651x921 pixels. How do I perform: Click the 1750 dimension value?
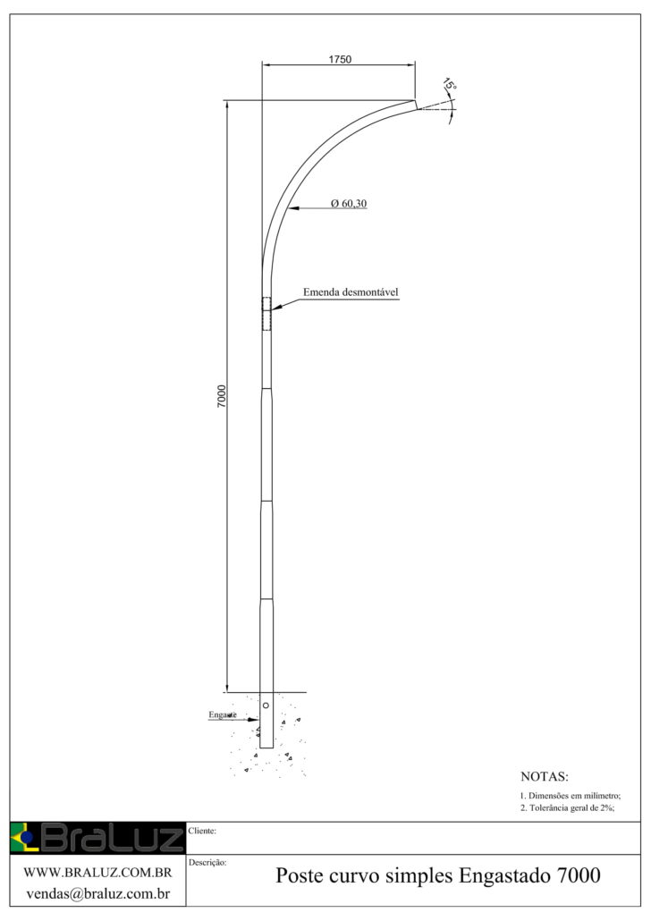pyautogui.click(x=340, y=60)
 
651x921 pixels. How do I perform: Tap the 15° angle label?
pyautogui.click(x=449, y=86)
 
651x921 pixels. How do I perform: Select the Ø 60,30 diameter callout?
pyautogui.click(x=349, y=204)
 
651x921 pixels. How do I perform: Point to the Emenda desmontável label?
pyautogui.click(x=351, y=292)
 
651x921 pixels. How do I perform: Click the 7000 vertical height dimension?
pyautogui.click(x=222, y=396)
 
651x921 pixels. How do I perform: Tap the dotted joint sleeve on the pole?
pyautogui.click(x=266, y=314)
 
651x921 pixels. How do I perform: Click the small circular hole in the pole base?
pyautogui.click(x=266, y=706)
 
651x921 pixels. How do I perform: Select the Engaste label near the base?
pyautogui.click(x=222, y=715)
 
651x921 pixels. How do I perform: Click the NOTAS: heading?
pyautogui.click(x=544, y=776)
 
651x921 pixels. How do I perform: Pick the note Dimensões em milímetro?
pyautogui.click(x=570, y=796)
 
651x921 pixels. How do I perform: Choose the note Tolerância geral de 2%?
pyautogui.click(x=568, y=808)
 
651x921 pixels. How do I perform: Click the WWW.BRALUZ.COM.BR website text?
pyautogui.click(x=97, y=872)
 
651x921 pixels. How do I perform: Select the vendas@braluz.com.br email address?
pyautogui.click(x=97, y=892)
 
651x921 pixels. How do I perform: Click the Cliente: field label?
pyautogui.click(x=203, y=831)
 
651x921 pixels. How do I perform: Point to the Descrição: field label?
pyautogui.click(x=207, y=863)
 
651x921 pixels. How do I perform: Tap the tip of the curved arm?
pyautogui.click(x=415, y=104)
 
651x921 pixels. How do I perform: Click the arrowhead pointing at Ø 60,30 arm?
pyautogui.click(x=292, y=209)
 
